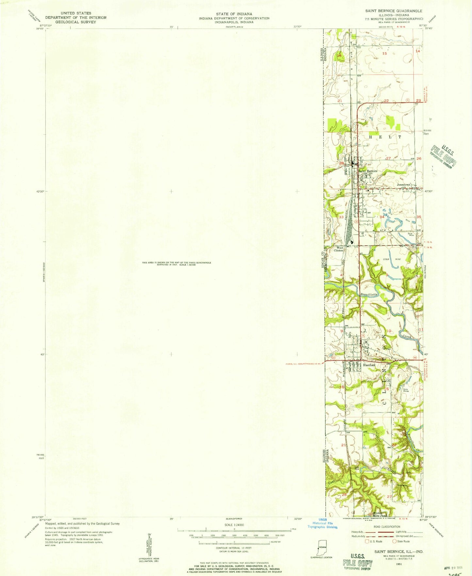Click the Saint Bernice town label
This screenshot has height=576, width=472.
point(368,171)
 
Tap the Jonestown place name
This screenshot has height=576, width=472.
point(403,185)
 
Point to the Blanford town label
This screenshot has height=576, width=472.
point(369,365)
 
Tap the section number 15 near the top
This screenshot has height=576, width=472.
point(384,53)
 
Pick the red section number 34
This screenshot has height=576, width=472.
point(382,217)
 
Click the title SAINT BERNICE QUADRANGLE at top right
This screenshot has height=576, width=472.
point(394,11)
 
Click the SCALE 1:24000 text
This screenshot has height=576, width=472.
point(233,525)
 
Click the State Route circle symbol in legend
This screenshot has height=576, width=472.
point(394,541)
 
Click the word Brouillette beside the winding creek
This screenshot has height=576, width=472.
point(369,294)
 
